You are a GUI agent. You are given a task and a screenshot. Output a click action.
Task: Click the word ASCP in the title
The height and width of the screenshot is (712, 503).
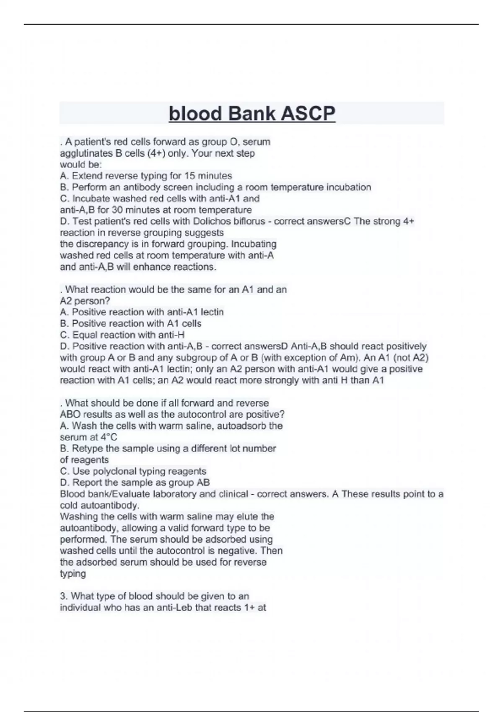tap(308, 114)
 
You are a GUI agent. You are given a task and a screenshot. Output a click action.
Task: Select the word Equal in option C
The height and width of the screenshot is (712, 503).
tap(84, 335)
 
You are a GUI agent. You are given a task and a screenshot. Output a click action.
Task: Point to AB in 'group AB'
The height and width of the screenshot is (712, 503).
tap(203, 482)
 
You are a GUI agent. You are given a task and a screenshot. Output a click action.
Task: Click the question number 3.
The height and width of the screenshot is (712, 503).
tap(63, 596)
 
